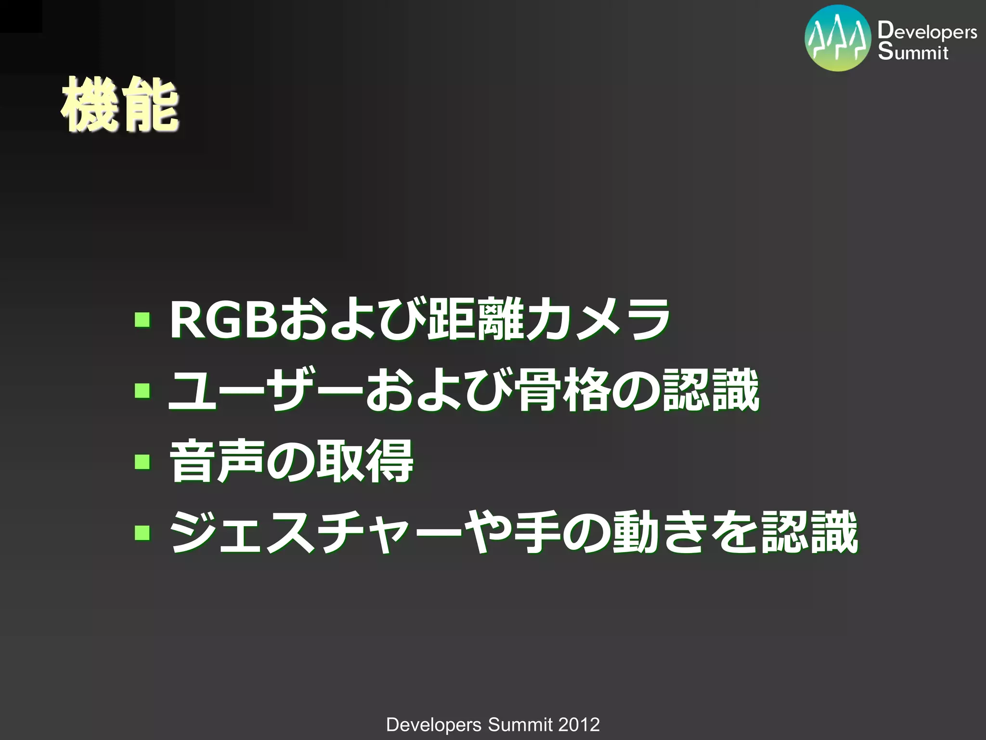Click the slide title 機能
tap(119, 105)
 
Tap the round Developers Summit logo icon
tap(838, 39)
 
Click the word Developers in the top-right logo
tap(927, 31)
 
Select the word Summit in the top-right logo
tap(913, 52)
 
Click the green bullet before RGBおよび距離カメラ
tap(142, 320)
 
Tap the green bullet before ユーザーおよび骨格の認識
tap(142, 390)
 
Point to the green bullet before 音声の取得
tap(142, 462)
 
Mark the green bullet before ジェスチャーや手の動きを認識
tap(142, 532)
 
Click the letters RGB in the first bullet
tap(223, 320)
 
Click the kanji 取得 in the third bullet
tap(364, 462)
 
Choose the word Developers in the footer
tap(433, 725)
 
